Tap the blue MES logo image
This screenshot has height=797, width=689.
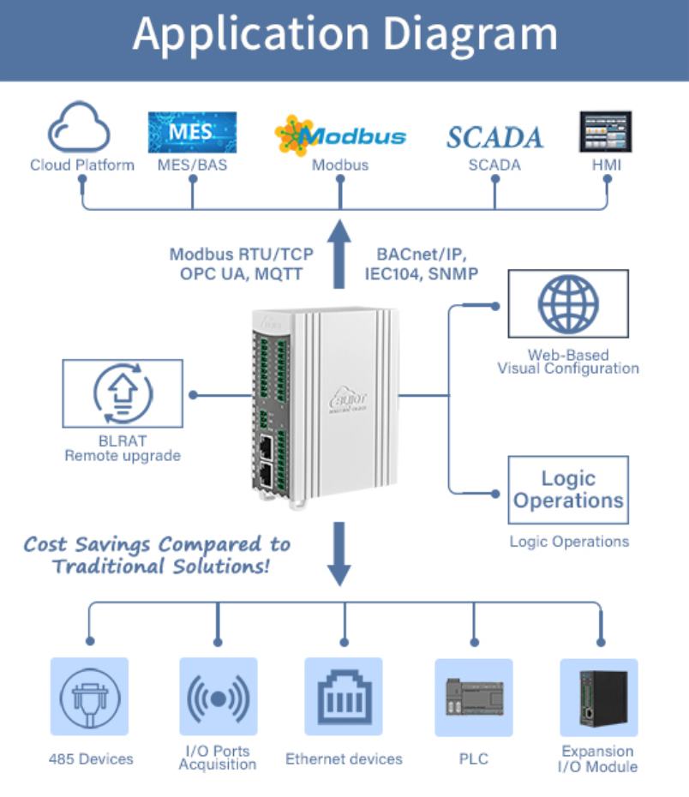[192, 131]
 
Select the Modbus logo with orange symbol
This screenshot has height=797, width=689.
[340, 135]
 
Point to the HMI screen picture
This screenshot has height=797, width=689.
[605, 131]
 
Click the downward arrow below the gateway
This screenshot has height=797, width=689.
[340, 553]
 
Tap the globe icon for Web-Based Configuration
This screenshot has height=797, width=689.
[568, 303]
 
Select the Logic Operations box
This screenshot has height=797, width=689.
[568, 488]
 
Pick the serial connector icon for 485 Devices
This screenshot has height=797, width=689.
[89, 697]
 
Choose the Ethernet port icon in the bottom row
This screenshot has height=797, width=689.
[344, 697]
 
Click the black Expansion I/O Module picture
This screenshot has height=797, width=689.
[598, 697]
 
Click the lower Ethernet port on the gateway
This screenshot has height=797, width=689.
[267, 476]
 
